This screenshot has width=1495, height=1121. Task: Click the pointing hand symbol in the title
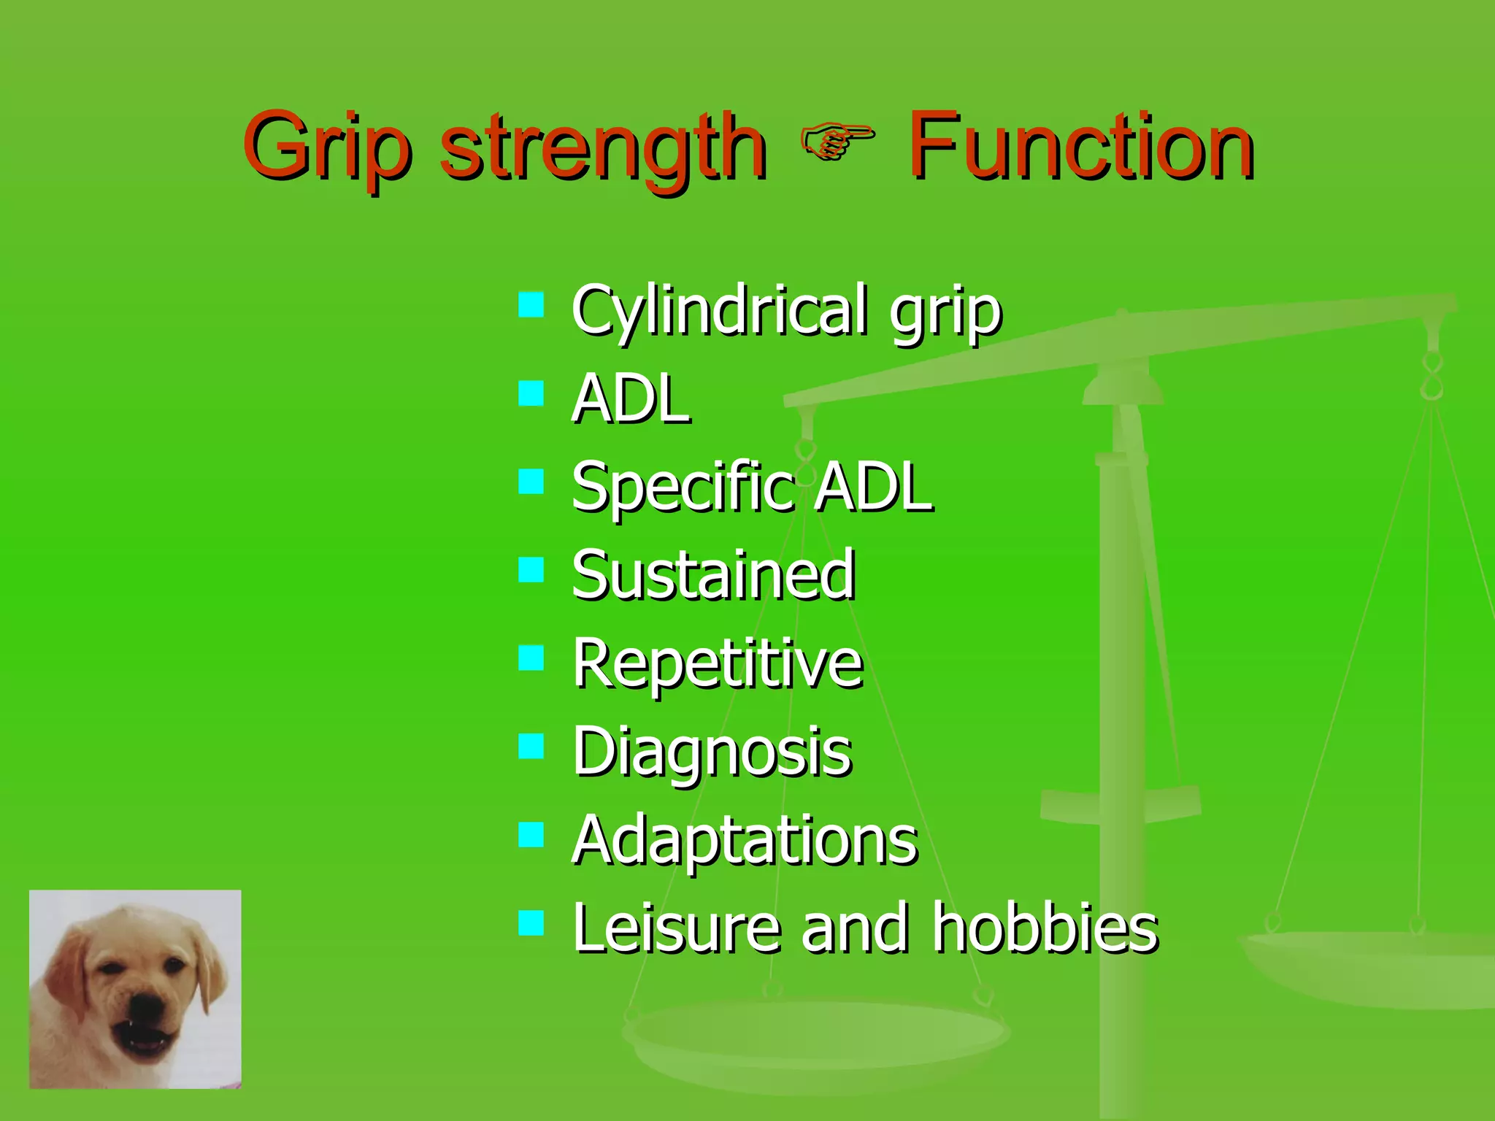click(837, 142)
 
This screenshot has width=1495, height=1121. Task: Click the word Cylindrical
click(719, 310)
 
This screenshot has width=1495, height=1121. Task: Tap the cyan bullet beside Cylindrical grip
click(531, 304)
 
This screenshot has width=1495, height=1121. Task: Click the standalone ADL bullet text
click(631, 399)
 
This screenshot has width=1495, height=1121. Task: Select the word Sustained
click(713, 576)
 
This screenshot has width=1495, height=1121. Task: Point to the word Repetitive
click(718, 664)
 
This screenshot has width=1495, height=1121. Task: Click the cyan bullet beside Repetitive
click(531, 658)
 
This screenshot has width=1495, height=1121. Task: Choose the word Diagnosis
click(712, 752)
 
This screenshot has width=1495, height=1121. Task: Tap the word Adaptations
click(745, 841)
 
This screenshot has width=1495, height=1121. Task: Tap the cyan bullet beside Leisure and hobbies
click(531, 923)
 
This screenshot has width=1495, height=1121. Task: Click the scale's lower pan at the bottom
click(814, 1036)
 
